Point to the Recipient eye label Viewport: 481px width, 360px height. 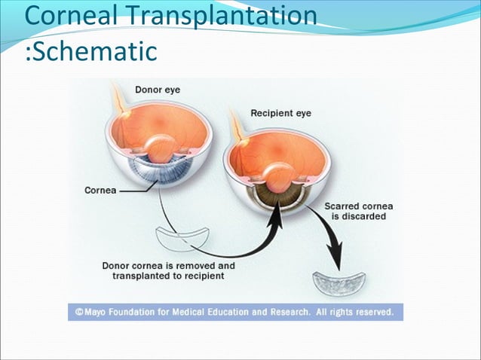click(x=280, y=114)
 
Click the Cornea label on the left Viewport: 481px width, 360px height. click(x=100, y=191)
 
